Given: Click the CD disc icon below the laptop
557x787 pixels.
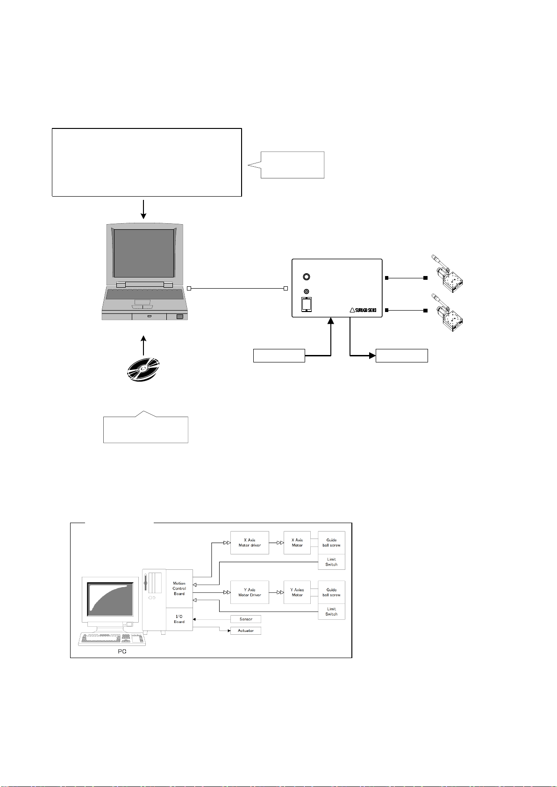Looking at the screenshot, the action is pos(143,368).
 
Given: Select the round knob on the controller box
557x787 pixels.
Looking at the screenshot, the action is pos(307,277).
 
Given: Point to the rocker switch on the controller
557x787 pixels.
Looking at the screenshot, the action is pos(307,304).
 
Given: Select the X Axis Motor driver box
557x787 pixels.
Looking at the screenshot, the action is pos(250,543).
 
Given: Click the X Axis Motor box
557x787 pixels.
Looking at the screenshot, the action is pos(297,543).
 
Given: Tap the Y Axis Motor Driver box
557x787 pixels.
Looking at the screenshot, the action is pos(250,592).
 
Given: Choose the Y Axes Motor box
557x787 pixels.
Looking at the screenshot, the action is pos(297,592).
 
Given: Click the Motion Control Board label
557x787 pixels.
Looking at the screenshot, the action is pos(179,588).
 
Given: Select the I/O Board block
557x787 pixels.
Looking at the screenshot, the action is pos(179,619).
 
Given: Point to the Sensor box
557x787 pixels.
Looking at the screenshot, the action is pos(246,619).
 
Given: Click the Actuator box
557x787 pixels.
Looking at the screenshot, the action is pos(246,631).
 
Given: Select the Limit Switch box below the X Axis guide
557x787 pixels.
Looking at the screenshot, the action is pos(331,562).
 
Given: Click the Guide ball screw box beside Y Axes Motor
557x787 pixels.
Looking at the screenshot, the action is pos(331,592).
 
